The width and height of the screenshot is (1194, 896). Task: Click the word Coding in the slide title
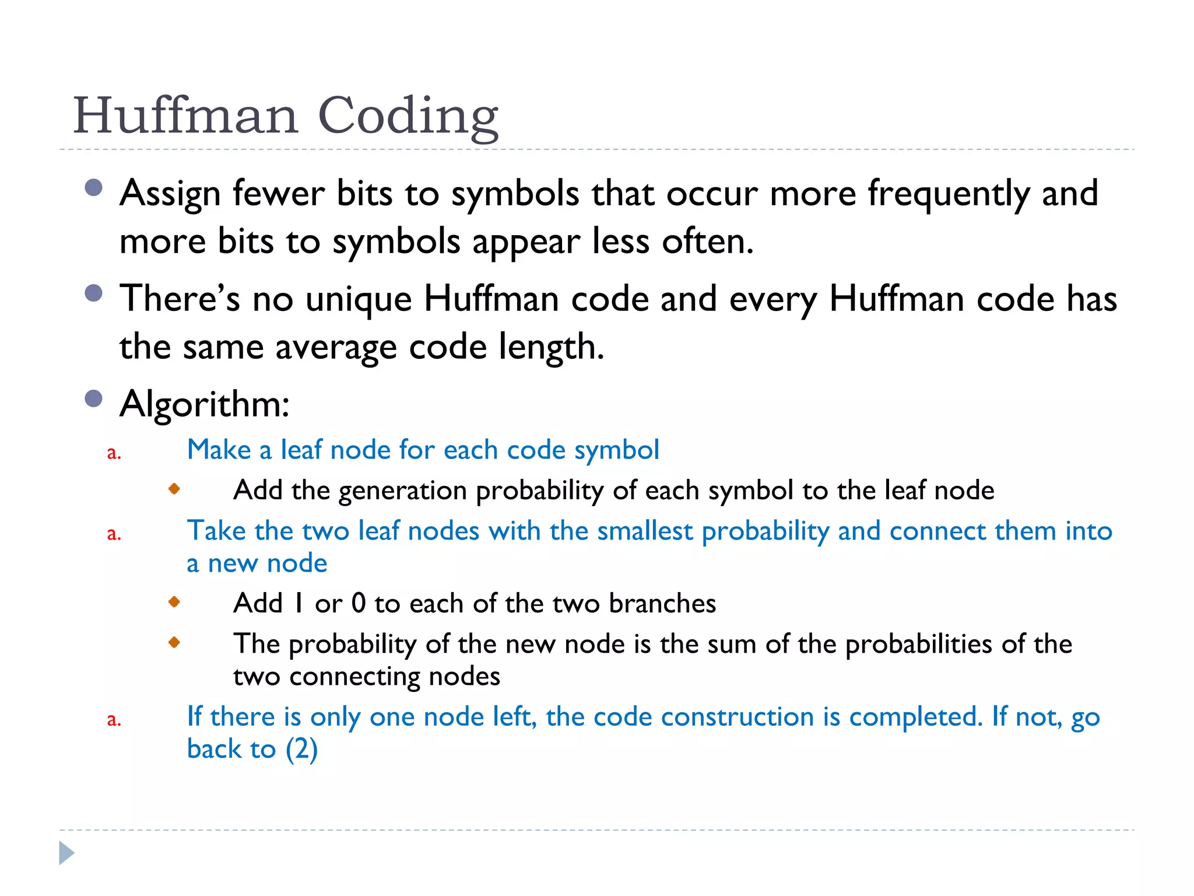click(408, 117)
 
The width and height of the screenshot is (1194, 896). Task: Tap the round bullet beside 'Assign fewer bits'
click(93, 188)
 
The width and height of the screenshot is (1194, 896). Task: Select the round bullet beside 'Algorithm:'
click(93, 399)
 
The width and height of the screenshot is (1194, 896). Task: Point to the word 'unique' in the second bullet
click(359, 299)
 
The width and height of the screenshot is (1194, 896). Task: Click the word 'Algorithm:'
click(205, 404)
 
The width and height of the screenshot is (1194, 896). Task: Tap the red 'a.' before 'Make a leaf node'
click(114, 453)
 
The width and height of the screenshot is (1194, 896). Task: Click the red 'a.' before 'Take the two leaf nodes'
click(114, 534)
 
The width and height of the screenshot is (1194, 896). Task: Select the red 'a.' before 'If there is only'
click(114, 720)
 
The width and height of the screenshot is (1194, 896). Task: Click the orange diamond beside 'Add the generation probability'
click(174, 489)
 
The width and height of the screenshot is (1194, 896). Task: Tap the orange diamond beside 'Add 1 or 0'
click(174, 601)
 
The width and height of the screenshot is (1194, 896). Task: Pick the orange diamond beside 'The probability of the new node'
click(174, 642)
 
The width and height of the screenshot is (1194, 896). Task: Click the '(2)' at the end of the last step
click(301, 750)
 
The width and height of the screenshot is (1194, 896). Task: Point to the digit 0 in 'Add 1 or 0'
click(359, 603)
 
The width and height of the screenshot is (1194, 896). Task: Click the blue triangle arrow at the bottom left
click(66, 853)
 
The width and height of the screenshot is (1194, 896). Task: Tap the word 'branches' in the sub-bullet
click(662, 603)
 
